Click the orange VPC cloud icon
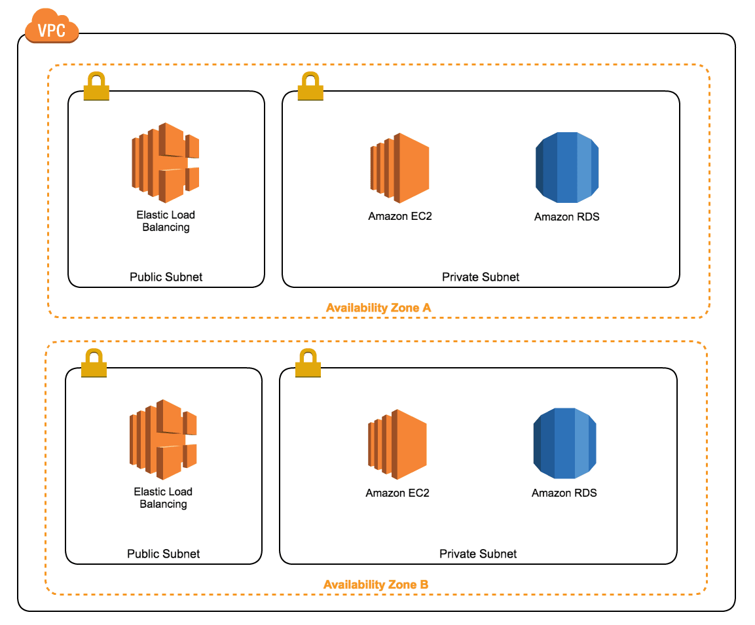(x=52, y=27)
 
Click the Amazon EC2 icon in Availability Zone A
(x=399, y=168)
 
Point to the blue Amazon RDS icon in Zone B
(x=564, y=444)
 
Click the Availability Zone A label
(x=378, y=308)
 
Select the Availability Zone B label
(x=376, y=584)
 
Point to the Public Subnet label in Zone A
(x=166, y=277)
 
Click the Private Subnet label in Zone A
(x=481, y=277)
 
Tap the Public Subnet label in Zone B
(x=163, y=554)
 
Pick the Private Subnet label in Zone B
(x=478, y=554)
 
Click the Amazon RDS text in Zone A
(x=566, y=217)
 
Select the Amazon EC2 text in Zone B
(x=397, y=493)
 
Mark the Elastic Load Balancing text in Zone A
(x=166, y=221)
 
